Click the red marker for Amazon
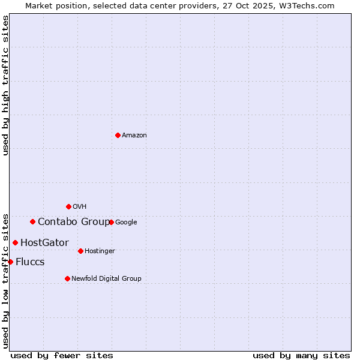tap(118, 135)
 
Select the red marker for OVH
tap(68, 206)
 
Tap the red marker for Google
tap(111, 222)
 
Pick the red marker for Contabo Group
tap(32, 221)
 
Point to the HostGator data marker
tap(15, 242)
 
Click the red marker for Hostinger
tap(80, 251)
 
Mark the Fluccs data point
tap(10, 262)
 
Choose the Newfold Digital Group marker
tap(67, 278)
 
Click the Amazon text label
tap(134, 136)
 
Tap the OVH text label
tap(80, 207)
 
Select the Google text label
tap(126, 223)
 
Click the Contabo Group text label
tap(74, 222)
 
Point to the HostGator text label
tap(44, 243)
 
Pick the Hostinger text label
tap(100, 251)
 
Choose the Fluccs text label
tap(30, 262)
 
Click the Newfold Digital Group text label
tap(106, 278)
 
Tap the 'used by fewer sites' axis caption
tap(62, 355)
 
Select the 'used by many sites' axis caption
tap(301, 355)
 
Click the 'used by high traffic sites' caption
tap(5, 85)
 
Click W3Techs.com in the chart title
tap(309, 5)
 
